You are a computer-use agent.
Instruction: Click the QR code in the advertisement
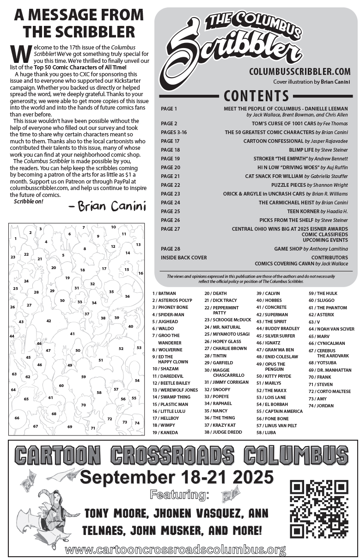319,508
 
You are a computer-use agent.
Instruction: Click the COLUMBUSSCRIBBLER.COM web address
299,72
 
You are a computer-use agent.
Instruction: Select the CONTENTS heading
256,96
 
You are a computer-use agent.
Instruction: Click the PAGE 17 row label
170,141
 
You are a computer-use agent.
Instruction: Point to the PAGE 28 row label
170,249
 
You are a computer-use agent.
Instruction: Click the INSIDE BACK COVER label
184,257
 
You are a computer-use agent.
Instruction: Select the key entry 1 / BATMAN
164,293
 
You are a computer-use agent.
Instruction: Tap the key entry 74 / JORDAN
321,405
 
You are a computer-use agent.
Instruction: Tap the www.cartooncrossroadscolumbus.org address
176,550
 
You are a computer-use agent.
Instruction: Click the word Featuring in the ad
179,495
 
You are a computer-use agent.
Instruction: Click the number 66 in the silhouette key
17,418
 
